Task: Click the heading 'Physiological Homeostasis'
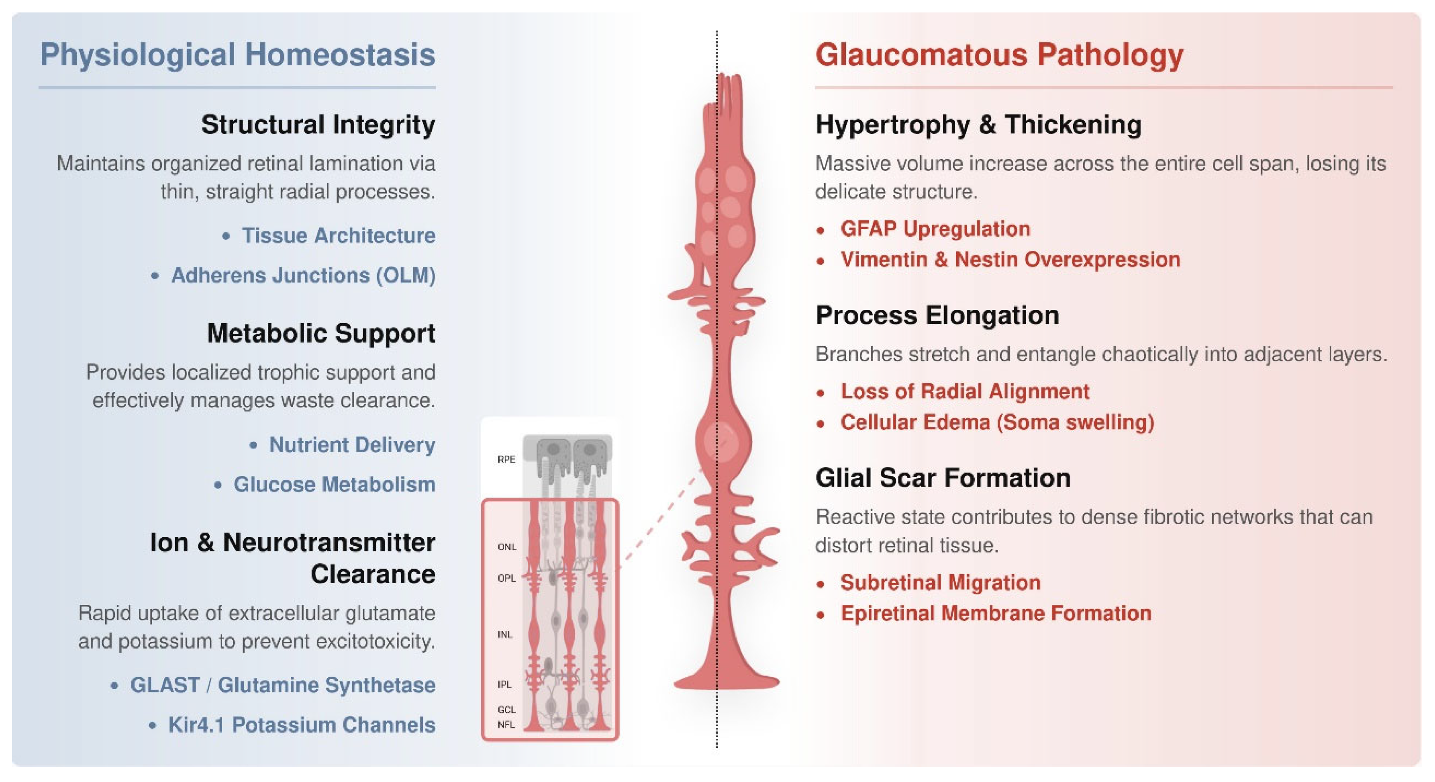point(237,55)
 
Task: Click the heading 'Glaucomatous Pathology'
point(999,55)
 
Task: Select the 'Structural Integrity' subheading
point(318,124)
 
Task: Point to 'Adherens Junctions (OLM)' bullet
point(303,275)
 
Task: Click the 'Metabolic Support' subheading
point(321,333)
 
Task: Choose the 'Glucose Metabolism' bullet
point(334,484)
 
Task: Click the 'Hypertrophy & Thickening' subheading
point(978,124)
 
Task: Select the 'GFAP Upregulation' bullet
point(935,229)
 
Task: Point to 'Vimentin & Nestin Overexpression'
point(1010,260)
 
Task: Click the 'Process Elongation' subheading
point(937,315)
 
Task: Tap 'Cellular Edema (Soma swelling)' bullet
point(997,422)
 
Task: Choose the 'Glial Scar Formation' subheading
point(943,478)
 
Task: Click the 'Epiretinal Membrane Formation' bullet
point(996,613)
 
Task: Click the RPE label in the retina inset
point(506,459)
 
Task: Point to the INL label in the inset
point(505,634)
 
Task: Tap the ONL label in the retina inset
point(507,547)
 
